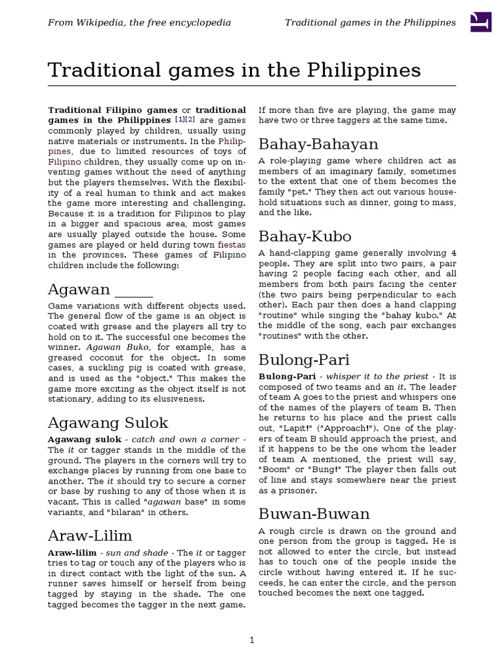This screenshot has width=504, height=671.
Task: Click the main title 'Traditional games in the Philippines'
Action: (x=234, y=70)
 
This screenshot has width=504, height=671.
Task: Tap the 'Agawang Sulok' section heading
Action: (x=108, y=422)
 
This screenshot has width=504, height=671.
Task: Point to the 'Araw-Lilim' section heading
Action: (x=90, y=535)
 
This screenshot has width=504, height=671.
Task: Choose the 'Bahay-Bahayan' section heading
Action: (x=318, y=144)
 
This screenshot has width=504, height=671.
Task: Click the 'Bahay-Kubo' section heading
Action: (x=304, y=236)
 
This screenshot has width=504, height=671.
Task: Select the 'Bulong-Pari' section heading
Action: (x=304, y=360)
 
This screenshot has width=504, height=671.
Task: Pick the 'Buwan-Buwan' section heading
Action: (x=314, y=513)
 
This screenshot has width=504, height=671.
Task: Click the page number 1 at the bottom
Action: (x=252, y=640)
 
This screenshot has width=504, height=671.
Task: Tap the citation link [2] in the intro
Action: (x=190, y=121)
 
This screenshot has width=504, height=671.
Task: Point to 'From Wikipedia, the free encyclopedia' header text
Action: (x=139, y=23)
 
